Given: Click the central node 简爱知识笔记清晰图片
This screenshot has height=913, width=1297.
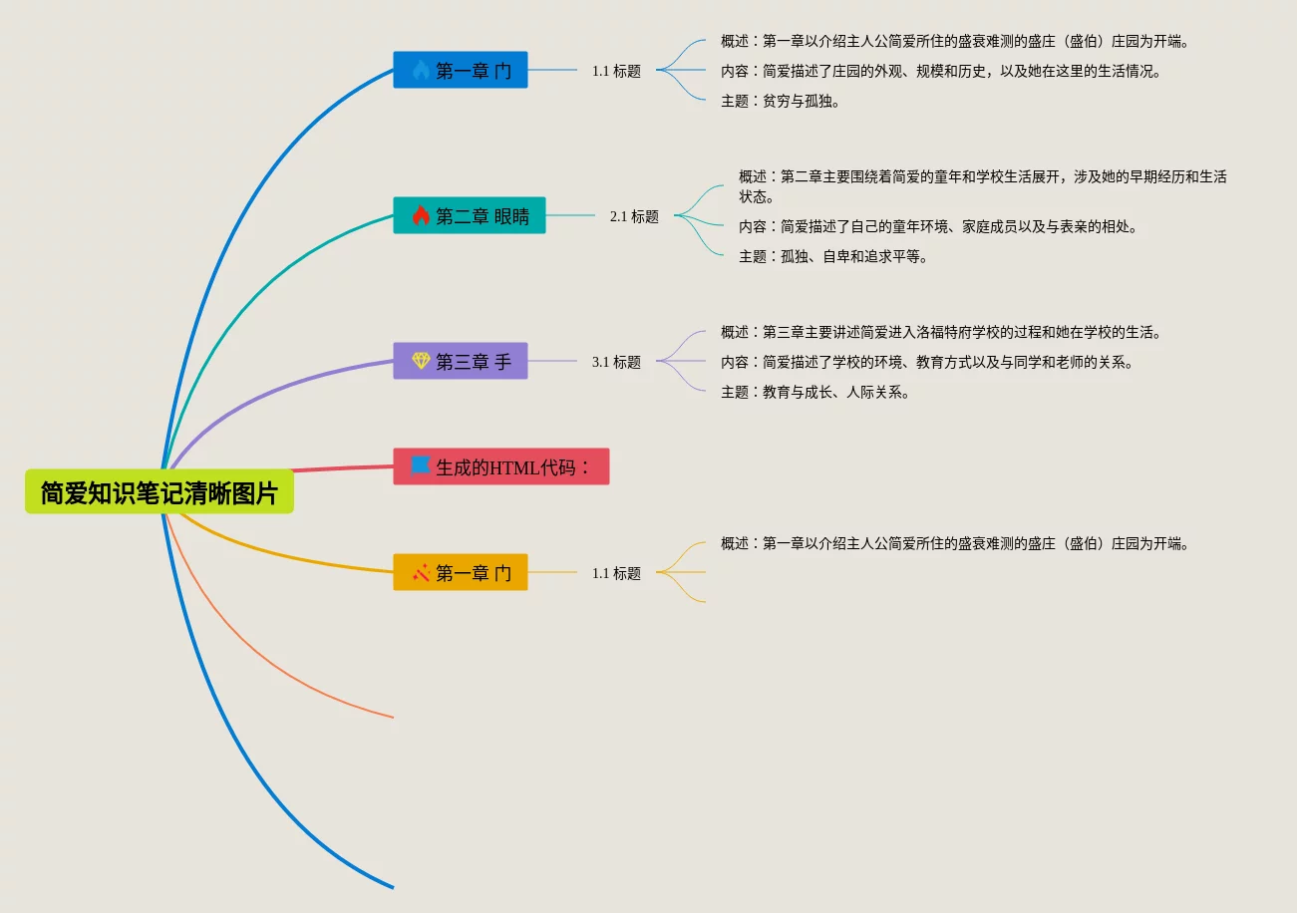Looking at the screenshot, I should (x=160, y=492).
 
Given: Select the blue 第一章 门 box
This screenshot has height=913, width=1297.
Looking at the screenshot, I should (x=461, y=70).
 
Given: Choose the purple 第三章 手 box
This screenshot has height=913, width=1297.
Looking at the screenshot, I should (x=461, y=361).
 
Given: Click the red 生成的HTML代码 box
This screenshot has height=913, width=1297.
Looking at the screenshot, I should (x=501, y=466).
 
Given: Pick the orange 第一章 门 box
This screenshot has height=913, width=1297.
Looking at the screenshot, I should (x=461, y=572).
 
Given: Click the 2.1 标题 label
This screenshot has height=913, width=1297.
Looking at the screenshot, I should (x=634, y=216).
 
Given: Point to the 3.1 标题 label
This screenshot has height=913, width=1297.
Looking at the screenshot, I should (x=616, y=362).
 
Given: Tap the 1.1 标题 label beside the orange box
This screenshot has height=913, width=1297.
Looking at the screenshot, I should (x=616, y=573).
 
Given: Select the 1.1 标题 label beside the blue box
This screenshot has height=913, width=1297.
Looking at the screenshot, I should (x=616, y=71).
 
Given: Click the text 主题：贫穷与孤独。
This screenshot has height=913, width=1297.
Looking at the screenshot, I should (x=781, y=101).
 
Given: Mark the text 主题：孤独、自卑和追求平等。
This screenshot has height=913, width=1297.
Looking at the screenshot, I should (x=833, y=256).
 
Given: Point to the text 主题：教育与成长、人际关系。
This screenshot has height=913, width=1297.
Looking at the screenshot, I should (x=815, y=392).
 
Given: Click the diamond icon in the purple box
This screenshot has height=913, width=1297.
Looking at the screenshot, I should (x=421, y=361).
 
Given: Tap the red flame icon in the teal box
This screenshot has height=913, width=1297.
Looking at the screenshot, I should (x=421, y=215).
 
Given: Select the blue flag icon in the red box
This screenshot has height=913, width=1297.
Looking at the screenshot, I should (x=421, y=465).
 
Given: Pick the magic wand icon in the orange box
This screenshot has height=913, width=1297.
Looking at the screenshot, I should (x=421, y=572).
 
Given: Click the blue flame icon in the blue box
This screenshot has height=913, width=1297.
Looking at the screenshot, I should (x=421, y=70).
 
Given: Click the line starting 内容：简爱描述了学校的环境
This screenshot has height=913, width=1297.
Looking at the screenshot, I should (x=927, y=362).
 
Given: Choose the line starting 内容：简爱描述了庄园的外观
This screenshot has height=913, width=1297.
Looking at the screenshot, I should (x=941, y=71).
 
